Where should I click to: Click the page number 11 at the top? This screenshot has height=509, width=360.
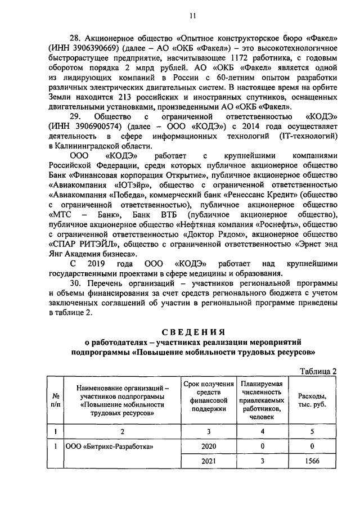click(x=192, y=16)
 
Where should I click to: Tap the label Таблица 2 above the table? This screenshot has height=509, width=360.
click(x=318, y=371)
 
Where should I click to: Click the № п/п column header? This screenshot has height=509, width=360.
click(x=55, y=400)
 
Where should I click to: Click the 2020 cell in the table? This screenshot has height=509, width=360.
click(x=208, y=447)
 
